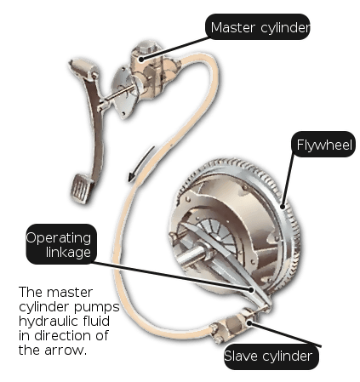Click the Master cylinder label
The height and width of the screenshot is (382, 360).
point(258,26)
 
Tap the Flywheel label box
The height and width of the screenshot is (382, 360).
point(323,144)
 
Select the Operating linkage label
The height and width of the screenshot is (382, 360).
point(61,244)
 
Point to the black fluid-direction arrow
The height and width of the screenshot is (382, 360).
point(141,164)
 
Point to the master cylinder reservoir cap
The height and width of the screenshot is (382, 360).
point(147,47)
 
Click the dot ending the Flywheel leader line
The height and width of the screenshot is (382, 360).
point(283,207)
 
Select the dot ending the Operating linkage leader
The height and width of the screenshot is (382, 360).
point(251,289)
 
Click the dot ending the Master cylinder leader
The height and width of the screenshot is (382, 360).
point(141,59)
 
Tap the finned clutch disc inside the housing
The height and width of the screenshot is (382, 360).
point(216,232)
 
